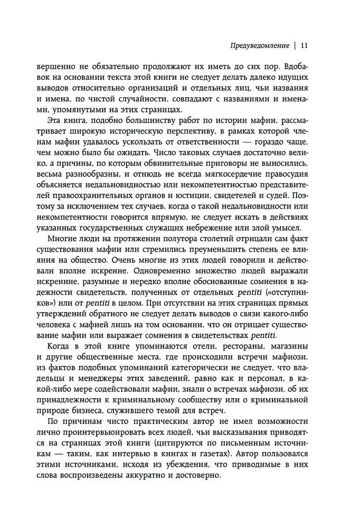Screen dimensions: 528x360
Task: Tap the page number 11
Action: tap(304, 45)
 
